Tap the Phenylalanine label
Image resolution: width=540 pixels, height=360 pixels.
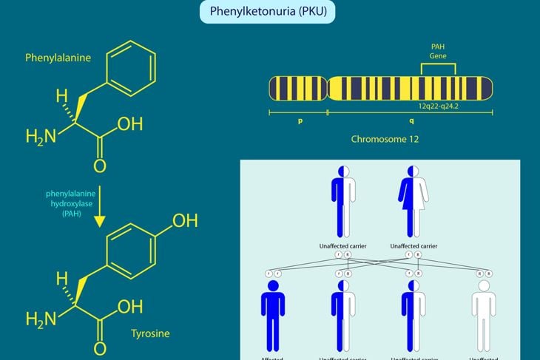click(x=55, y=57)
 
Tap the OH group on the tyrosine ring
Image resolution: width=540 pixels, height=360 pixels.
click(x=184, y=220)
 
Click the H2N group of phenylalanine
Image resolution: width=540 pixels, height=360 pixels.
click(x=40, y=137)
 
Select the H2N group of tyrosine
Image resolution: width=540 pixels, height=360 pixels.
click(x=40, y=319)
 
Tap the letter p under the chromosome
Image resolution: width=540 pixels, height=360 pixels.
click(x=300, y=120)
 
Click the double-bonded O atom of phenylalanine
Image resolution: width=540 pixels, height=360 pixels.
click(x=99, y=166)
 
